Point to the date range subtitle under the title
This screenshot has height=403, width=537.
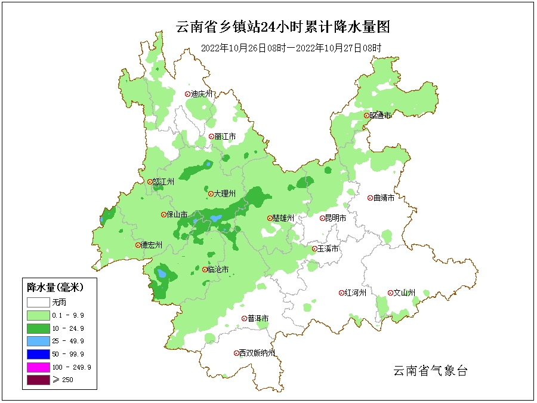291,48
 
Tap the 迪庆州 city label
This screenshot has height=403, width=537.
202,94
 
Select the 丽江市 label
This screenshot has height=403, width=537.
225,137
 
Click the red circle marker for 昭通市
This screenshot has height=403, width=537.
366,115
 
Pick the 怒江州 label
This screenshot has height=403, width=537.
163,182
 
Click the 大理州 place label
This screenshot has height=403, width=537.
225,193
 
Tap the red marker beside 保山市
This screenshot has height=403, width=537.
163,215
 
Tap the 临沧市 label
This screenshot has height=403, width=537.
218,270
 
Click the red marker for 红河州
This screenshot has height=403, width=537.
342,293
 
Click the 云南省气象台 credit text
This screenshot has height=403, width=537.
430,371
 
